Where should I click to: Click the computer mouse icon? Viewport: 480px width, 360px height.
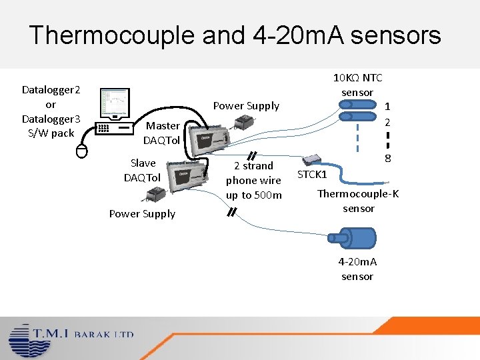pyautogui.click(x=81, y=151)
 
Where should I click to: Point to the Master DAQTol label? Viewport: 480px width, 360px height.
pyautogui.click(x=162, y=133)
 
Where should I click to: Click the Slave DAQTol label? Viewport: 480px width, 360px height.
pyautogui.click(x=142, y=170)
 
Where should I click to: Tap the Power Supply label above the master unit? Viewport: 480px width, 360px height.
pyautogui.click(x=246, y=106)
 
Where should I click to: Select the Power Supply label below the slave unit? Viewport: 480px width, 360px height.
pyautogui.click(x=142, y=214)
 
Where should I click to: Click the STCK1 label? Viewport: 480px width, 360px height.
pyautogui.click(x=312, y=175)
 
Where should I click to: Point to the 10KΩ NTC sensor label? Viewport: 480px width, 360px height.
pyautogui.click(x=357, y=85)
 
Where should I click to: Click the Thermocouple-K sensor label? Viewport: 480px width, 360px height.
pyautogui.click(x=358, y=201)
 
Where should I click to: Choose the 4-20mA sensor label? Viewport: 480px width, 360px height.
pyautogui.click(x=357, y=269)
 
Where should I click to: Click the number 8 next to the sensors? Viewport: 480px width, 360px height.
pyautogui.click(x=387, y=159)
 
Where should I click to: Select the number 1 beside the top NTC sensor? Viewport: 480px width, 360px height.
pyautogui.click(x=387, y=107)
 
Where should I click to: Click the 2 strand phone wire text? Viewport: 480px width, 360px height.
pyautogui.click(x=253, y=180)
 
